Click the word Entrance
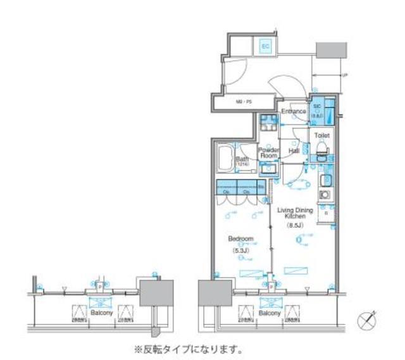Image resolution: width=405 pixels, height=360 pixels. click(x=294, y=112)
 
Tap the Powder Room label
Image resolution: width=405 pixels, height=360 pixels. click(x=268, y=152)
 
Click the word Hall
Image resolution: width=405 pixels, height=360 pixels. click(x=294, y=151)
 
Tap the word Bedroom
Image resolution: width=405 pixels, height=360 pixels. click(x=241, y=239)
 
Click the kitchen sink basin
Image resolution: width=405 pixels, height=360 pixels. click(x=327, y=180)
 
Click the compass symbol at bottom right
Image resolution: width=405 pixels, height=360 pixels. click(x=368, y=321)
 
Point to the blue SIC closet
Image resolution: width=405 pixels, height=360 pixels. click(x=317, y=111)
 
